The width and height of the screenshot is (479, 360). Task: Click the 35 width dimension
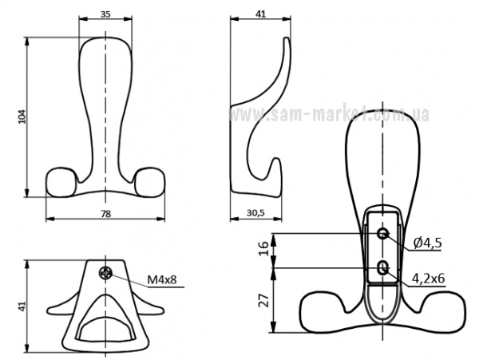pos(105,14)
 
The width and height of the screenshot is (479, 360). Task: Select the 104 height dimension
pos(22,117)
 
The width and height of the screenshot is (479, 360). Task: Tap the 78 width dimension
pos(105,214)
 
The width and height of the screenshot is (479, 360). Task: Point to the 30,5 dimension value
pos(255,213)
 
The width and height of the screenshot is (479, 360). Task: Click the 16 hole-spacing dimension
pos(263,248)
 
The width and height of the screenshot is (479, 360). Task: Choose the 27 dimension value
pos(263,300)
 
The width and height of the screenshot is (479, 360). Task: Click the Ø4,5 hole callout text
pos(427,243)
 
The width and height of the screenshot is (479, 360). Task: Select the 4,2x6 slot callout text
pos(428,278)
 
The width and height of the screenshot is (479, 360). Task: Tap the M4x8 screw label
pos(162,279)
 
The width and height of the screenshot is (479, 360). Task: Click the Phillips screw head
pos(106,273)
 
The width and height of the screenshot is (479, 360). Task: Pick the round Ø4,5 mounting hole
pos(382,234)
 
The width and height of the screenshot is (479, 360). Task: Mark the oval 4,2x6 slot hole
pos(382,268)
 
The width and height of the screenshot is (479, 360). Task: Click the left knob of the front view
pos(61,181)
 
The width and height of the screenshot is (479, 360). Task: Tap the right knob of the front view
pos(150,181)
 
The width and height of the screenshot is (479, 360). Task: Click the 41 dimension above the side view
pos(260,14)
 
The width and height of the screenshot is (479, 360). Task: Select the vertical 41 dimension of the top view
pos(22,307)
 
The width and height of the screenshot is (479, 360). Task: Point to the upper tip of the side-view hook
pos(287,38)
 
